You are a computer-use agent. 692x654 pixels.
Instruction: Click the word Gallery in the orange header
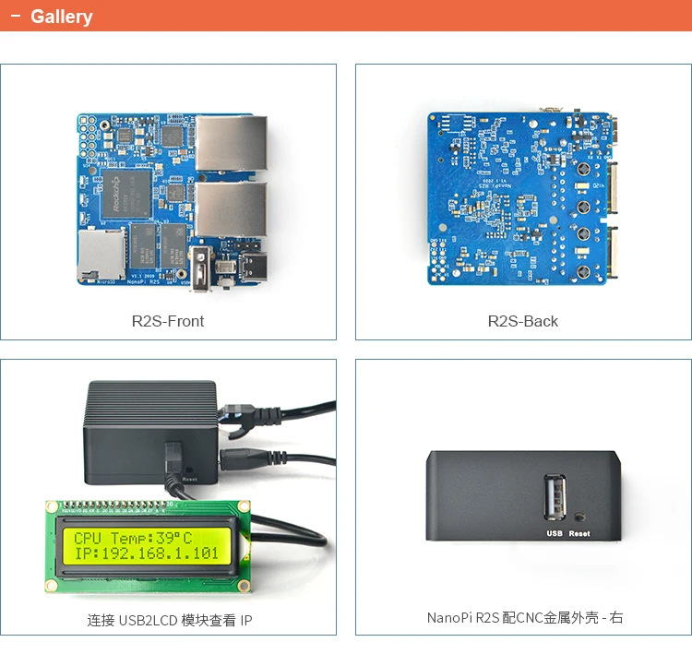point(61,17)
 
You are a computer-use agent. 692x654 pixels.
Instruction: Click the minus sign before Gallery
point(15,17)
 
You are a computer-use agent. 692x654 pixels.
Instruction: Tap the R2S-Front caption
point(168,321)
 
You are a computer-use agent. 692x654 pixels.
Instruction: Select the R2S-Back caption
point(523,321)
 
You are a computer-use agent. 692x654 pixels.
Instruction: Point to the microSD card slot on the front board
point(101,254)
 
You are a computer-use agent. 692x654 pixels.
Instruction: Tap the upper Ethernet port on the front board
point(231,143)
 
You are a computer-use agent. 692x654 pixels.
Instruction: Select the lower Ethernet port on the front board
point(231,209)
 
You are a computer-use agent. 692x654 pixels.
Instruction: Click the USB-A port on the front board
point(202,269)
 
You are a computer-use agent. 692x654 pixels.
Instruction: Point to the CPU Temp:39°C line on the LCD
point(134,538)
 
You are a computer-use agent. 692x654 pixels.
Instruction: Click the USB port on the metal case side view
point(555,499)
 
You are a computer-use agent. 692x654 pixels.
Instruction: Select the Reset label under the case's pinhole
point(579,533)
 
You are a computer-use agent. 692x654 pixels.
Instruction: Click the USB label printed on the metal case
point(555,533)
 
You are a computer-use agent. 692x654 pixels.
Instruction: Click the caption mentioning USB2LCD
point(170,621)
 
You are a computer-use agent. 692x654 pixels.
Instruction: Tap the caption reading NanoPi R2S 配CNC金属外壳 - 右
point(525,617)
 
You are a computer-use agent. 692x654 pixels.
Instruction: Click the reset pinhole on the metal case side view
point(579,518)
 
